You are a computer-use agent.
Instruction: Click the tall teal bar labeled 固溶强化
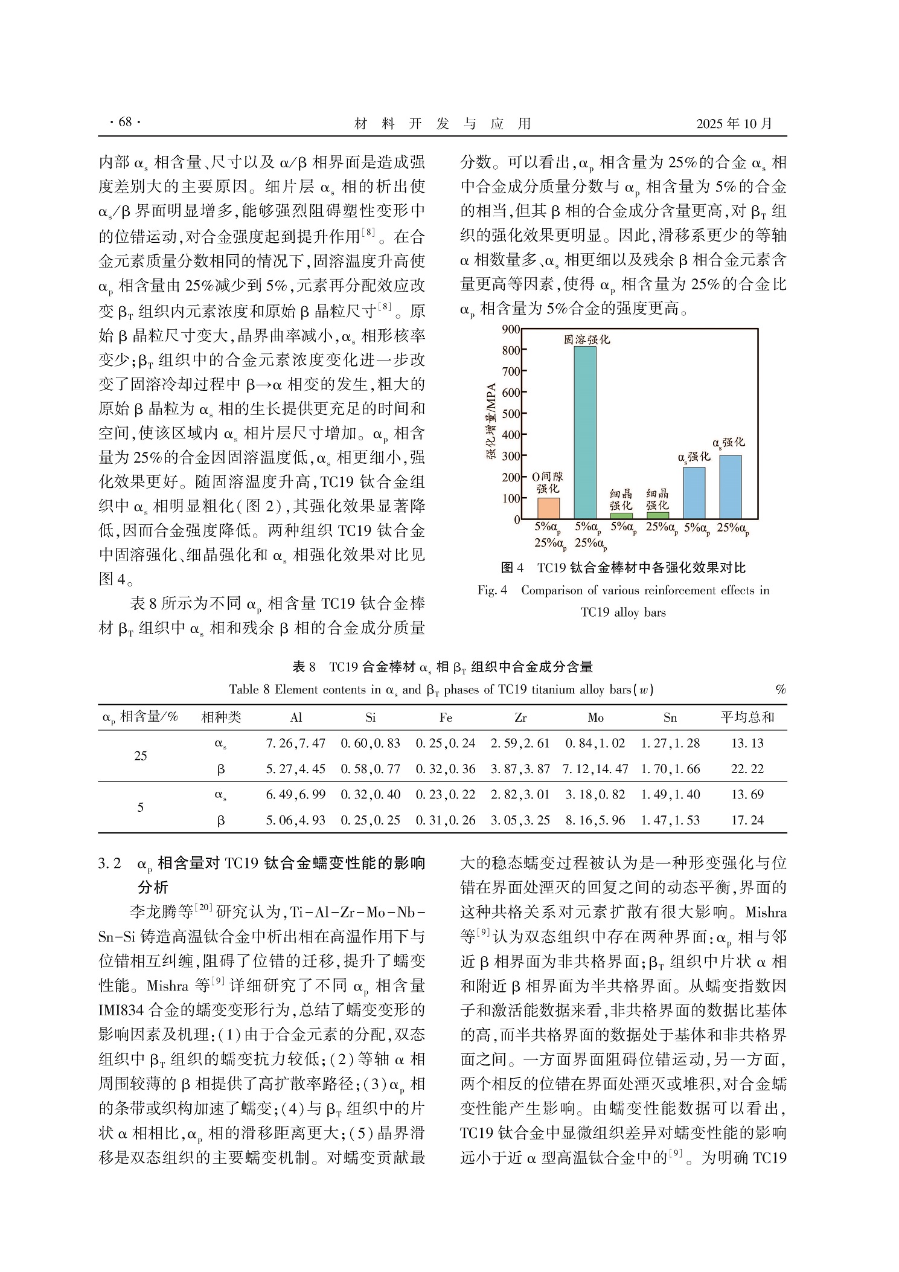[x=585, y=432]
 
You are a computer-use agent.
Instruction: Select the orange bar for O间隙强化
[x=548, y=508]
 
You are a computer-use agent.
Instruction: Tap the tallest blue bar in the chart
[x=731, y=487]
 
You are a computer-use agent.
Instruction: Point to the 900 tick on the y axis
[x=511, y=329]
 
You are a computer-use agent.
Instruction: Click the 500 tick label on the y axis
[x=511, y=414]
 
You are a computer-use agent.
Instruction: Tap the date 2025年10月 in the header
[x=734, y=124]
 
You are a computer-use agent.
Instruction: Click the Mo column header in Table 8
[x=595, y=718]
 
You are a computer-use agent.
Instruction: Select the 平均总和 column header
[x=747, y=718]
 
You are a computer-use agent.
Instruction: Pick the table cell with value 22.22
[x=747, y=769]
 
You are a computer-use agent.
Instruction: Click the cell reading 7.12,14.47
[x=595, y=769]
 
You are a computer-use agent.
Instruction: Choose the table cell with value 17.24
[x=747, y=820]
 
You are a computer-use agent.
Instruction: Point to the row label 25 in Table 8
[x=141, y=756]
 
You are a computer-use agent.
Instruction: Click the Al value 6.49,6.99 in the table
[x=296, y=794]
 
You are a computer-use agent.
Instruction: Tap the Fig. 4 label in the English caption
[x=492, y=591]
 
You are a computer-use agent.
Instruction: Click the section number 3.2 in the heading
[x=110, y=863]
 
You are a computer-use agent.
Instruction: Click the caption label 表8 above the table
[x=304, y=667]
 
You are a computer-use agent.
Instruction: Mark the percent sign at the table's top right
[x=781, y=690]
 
